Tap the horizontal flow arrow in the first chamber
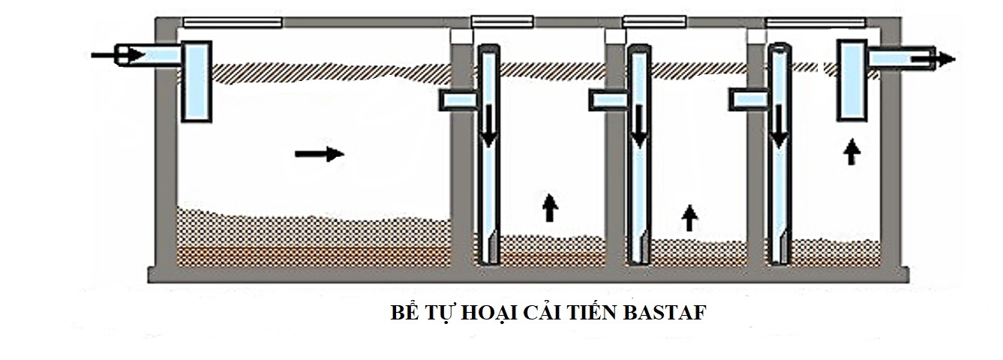coord(320,154)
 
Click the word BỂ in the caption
coord(404,313)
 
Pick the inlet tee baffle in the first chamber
coord(197,81)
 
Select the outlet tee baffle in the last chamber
coord(852,80)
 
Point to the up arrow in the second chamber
coord(550,207)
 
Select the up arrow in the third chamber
coord(689,217)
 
